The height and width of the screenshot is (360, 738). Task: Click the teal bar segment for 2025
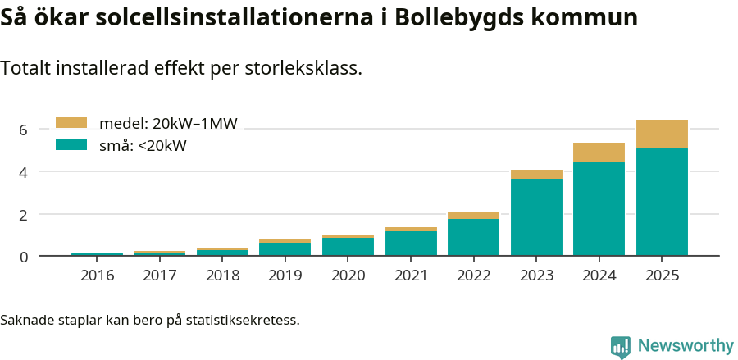(662, 202)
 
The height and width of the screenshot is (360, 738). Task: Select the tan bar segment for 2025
(662, 134)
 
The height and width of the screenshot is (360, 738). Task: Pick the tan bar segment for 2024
(599, 153)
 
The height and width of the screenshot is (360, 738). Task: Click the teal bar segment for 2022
(473, 237)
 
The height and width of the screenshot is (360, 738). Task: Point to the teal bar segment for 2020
(348, 247)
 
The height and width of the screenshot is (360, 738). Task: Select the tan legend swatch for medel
(71, 123)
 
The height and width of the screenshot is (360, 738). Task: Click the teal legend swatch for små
(71, 145)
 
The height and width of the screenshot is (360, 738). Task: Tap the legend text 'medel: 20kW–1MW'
(168, 124)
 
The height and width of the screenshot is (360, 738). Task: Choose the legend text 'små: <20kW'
(143, 146)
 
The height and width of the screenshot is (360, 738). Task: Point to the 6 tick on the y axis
(24, 130)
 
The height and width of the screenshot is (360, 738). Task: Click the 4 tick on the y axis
(24, 172)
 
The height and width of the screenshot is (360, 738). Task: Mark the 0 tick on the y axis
(24, 257)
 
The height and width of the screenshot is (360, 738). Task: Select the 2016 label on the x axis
(97, 275)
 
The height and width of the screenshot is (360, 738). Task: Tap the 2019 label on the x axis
(285, 275)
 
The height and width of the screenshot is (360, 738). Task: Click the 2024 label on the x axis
(599, 275)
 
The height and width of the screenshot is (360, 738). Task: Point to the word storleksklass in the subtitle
(303, 69)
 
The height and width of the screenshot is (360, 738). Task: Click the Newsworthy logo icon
(621, 346)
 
